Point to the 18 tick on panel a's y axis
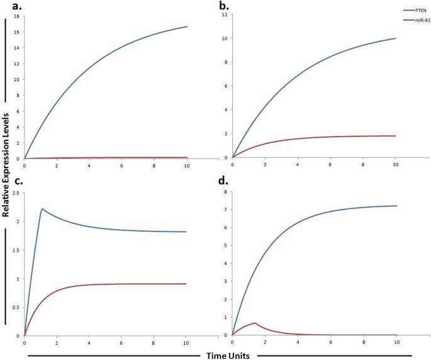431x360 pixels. click(18, 15)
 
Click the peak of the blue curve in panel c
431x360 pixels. click(42, 209)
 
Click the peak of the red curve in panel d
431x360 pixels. click(255, 323)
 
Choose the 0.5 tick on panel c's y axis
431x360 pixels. click(16, 307)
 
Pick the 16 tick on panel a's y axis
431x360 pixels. click(18, 31)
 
